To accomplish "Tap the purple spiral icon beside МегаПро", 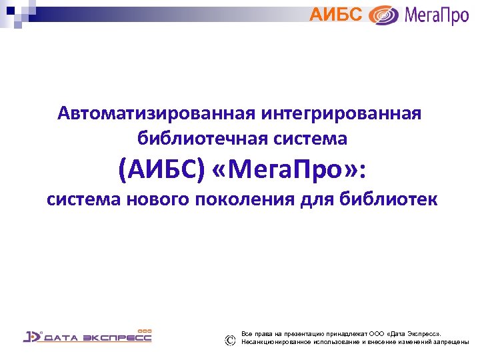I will (384, 15).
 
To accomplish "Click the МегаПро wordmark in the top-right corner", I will (437, 15).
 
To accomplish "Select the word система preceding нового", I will (85, 199).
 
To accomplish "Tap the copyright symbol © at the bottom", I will (230, 340).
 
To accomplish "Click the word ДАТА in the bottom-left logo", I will (61, 338).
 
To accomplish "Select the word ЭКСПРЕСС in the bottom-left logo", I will (117, 338).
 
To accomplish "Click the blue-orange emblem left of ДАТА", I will (32, 336).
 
